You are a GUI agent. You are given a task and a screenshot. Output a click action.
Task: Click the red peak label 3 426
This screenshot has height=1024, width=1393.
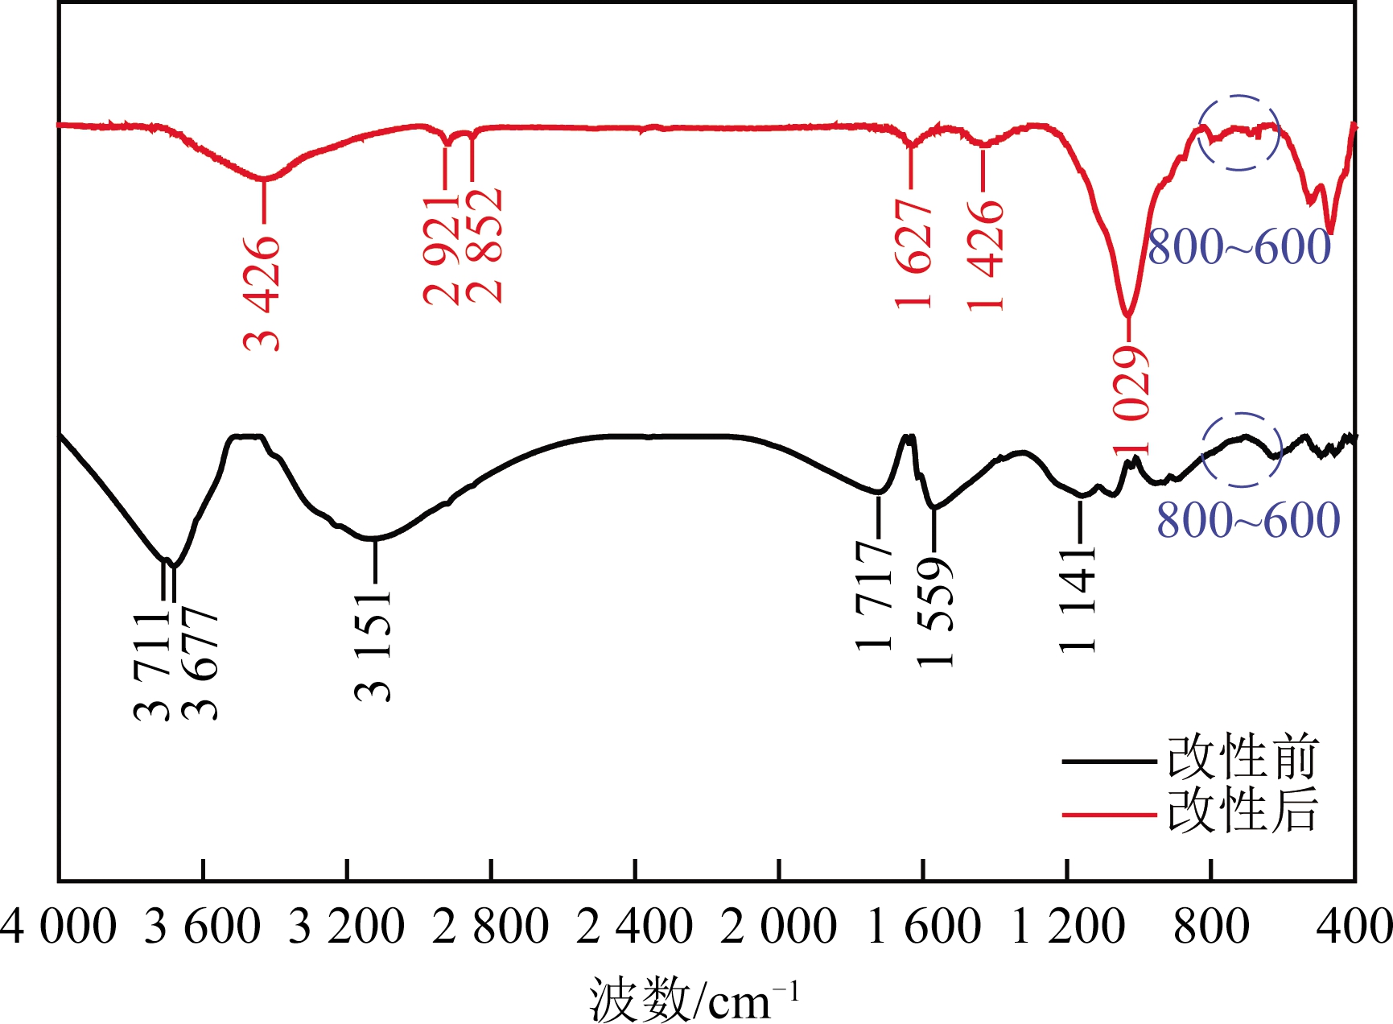click(x=263, y=294)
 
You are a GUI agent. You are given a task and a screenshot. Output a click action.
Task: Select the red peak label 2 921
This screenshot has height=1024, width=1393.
click(x=442, y=250)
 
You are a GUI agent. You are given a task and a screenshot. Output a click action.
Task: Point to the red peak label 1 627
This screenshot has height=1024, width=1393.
click(x=913, y=254)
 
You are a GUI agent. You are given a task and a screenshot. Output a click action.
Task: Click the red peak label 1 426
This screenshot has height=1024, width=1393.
click(x=986, y=255)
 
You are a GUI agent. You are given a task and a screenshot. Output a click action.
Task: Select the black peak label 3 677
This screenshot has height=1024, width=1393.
click(x=200, y=665)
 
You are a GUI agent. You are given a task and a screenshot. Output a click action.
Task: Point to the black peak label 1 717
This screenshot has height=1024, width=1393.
click(x=875, y=595)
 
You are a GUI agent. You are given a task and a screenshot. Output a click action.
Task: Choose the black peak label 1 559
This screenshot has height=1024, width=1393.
click(x=935, y=613)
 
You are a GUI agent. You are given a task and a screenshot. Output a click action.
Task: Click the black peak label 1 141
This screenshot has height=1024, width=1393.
click(x=1078, y=600)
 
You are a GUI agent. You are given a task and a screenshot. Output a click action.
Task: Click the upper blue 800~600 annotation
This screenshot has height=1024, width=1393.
click(x=1238, y=246)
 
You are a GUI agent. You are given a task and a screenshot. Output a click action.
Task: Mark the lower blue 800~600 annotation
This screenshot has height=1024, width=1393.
click(x=1248, y=520)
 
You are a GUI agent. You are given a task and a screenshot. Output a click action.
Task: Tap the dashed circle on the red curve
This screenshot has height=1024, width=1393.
click(x=1238, y=132)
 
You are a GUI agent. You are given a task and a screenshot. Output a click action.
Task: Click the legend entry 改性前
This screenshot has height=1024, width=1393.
click(x=1243, y=758)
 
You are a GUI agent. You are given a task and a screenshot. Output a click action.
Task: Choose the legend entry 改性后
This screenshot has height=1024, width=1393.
click(x=1243, y=810)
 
